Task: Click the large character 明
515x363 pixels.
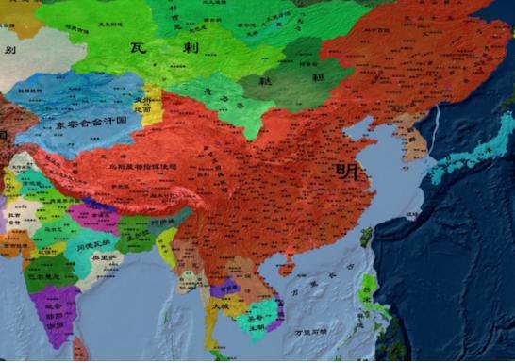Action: point(346,172)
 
